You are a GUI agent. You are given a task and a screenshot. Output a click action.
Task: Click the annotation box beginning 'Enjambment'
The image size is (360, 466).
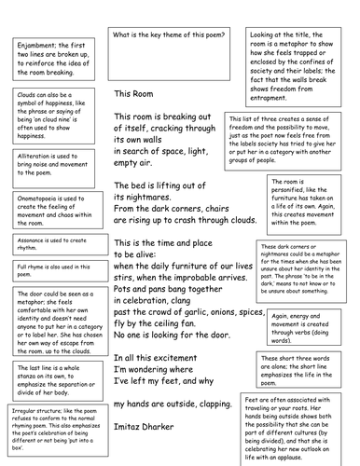coord(53,58)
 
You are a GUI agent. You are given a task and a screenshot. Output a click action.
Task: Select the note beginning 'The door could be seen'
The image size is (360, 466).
coord(53,314)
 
